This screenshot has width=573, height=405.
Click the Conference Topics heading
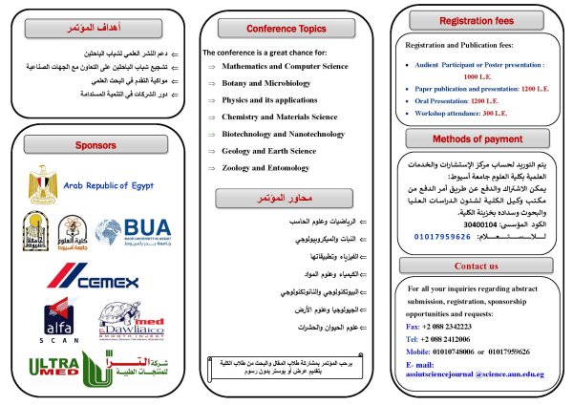(x=285, y=30)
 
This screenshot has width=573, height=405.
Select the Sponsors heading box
(x=94, y=146)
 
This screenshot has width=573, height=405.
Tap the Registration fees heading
(x=476, y=19)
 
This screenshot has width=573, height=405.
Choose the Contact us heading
(x=476, y=266)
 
